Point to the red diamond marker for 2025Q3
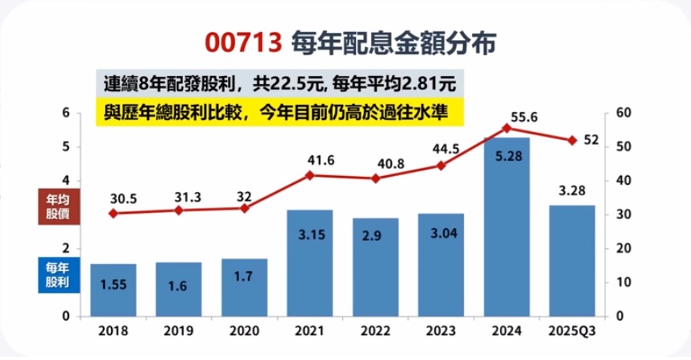[x=573, y=141]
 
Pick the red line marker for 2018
[x=113, y=214]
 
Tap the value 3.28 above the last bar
[x=573, y=190]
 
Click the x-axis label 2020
[x=245, y=330]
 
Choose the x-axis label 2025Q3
[x=573, y=330]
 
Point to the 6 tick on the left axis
[x=66, y=113]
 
